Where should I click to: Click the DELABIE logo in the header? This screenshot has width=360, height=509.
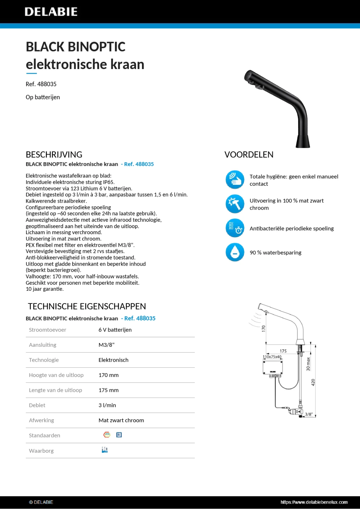tap(51, 12)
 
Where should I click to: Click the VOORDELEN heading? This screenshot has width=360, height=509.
tap(249, 155)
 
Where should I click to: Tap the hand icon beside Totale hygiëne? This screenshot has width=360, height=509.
tap(235, 179)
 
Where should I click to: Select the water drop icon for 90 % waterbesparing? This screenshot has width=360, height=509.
tap(235, 252)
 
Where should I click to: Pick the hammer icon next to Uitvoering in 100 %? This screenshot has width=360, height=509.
tap(235, 204)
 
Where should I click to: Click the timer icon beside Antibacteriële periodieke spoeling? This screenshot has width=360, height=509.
tap(235, 228)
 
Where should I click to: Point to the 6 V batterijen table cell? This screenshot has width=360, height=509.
tap(115, 330)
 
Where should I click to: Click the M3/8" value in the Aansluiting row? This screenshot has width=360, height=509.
tap(106, 345)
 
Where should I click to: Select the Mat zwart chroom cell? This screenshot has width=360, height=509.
tap(121, 420)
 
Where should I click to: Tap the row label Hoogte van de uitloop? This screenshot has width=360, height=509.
tap(56, 375)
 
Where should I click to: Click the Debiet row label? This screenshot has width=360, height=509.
tap(37, 405)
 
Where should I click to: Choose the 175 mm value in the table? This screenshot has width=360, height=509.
tap(108, 390)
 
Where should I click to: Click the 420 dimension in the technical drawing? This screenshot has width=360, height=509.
tap(313, 382)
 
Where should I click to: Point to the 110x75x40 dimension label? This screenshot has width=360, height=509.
tap(272, 357)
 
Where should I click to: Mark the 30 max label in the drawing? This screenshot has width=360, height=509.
tap(308, 364)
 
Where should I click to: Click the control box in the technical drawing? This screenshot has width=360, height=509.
tap(272, 367)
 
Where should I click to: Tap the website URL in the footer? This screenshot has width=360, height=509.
tap(314, 502)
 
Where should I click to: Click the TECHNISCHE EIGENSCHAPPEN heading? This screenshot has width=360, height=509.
tap(87, 306)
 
